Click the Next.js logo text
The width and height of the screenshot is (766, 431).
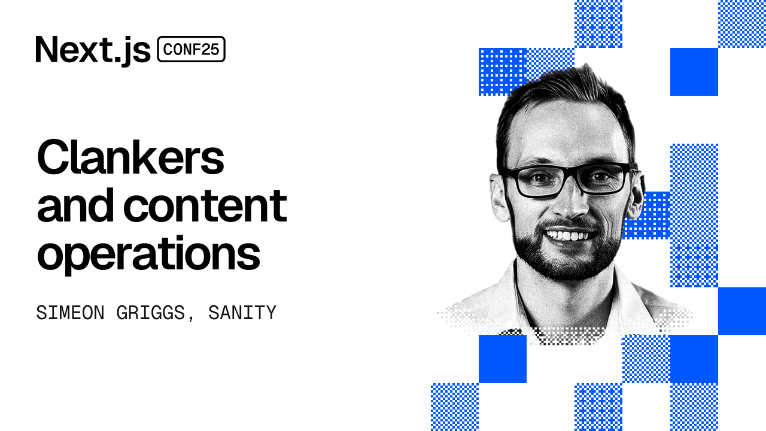93,50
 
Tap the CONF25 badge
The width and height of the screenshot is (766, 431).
191,50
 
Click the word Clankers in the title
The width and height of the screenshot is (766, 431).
130,157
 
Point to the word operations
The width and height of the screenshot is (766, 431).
148,254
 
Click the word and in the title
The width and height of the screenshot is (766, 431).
76,205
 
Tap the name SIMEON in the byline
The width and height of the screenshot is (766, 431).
70,313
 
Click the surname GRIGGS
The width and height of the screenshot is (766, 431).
151,313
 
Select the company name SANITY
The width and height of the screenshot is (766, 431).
242,313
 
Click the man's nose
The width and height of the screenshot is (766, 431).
569,201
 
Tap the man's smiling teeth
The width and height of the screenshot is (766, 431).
566,235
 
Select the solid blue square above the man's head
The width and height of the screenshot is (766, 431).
694,72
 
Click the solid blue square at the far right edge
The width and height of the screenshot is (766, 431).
742,311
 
